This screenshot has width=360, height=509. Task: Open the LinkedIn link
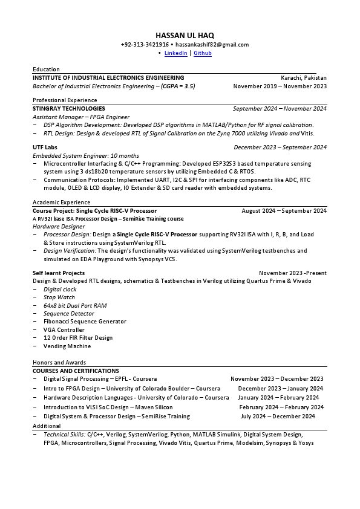[x=175, y=53]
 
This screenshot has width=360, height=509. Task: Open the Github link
[x=203, y=53]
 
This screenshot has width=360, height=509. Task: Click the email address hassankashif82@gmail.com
[x=212, y=45]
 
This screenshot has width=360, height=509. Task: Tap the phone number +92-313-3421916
[x=145, y=45]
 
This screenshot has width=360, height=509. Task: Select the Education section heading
[x=46, y=70]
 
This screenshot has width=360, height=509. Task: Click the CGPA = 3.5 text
[x=177, y=86]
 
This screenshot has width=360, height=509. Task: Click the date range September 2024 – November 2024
[x=280, y=109]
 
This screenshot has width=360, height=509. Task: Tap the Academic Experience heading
[x=61, y=203]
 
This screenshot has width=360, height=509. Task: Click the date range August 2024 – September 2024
[x=284, y=211]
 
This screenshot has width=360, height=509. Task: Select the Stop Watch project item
[x=59, y=297]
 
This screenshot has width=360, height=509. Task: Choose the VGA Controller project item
[x=64, y=330]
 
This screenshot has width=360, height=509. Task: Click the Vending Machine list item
[x=67, y=346]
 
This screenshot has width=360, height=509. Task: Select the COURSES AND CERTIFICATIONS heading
[x=76, y=371]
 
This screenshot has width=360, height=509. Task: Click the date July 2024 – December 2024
[x=277, y=417]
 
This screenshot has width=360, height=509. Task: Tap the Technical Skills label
[x=64, y=434]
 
